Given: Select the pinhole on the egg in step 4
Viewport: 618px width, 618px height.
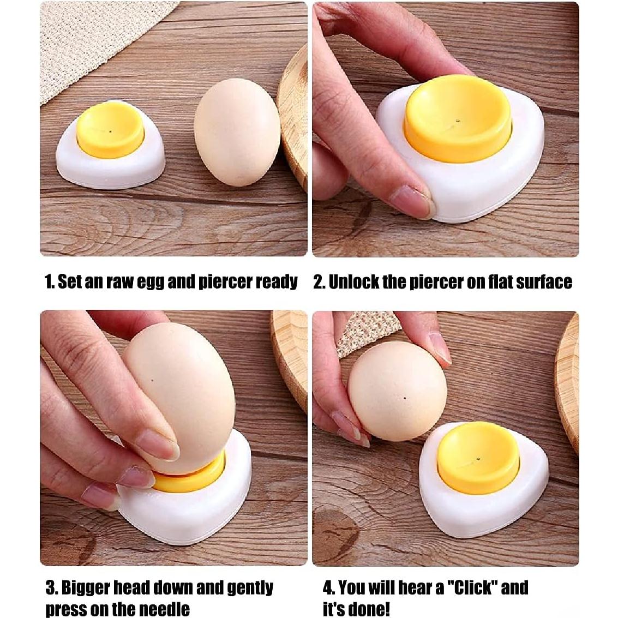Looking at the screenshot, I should pyautogui.click(x=405, y=399).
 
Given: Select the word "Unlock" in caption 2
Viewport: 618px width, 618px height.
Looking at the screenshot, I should pyautogui.click(x=355, y=282).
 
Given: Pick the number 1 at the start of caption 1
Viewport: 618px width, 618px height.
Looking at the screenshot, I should pyautogui.click(x=48, y=282).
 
